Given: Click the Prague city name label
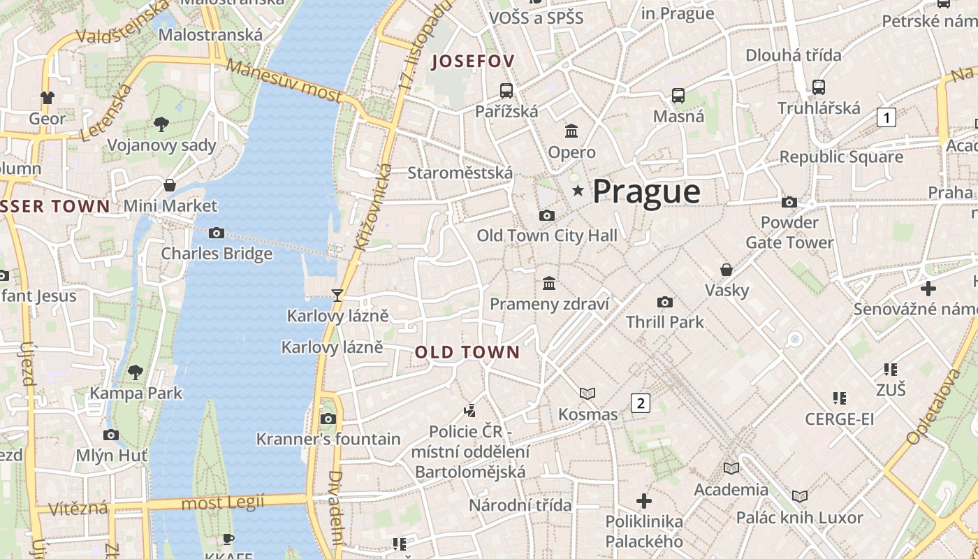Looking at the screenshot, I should pos(646,191).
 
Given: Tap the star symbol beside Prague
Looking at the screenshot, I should pos(578,191).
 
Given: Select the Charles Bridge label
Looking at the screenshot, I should pos(217,254).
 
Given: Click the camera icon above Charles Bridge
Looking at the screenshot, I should pos(217,233).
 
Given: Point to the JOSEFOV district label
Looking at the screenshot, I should pos(473,61).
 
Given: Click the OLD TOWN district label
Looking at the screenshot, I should pos(467,352).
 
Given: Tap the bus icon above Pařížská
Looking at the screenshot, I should pos(506,90).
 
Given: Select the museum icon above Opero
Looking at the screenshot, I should pos(571,131).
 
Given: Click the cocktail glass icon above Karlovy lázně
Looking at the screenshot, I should pos(337,295).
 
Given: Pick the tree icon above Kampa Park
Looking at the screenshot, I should pos(136,372).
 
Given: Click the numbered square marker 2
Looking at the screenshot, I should pos(640,402).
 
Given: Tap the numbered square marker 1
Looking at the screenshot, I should pos(886,117).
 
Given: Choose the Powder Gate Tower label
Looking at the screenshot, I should pos(789,233).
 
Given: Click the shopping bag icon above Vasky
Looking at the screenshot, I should pos(727,269).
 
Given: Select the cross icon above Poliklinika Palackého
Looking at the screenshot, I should pos(644,501).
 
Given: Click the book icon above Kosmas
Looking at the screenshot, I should pos(587,393).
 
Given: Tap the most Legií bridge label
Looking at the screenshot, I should pos(223,502).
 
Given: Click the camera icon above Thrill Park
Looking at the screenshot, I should pos(665,302).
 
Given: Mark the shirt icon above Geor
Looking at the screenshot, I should pos(48,97).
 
